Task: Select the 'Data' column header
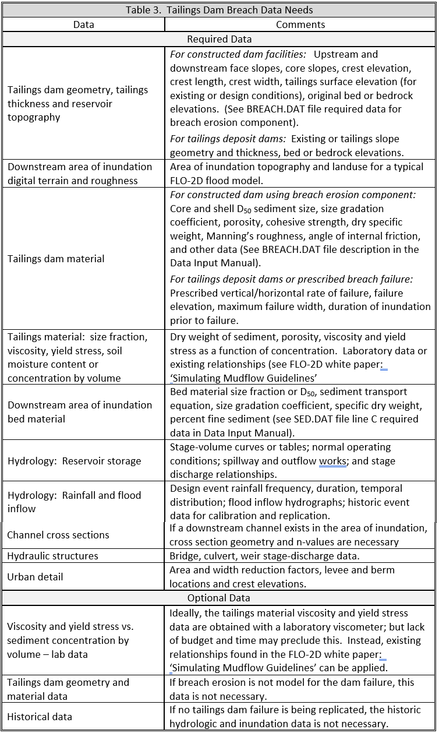coord(84,24)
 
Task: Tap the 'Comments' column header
coord(300,24)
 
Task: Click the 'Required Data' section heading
coord(219,39)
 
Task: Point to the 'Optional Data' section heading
coord(219,598)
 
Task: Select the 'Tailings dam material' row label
coord(56,258)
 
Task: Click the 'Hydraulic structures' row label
coord(53,556)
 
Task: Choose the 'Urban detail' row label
coord(36,577)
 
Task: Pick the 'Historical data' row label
coord(40,717)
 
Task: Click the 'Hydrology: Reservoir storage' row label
coord(75,461)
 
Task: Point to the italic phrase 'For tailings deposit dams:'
coord(228,139)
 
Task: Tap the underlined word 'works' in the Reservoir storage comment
coord(332,461)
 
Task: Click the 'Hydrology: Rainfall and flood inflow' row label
coord(75,502)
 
